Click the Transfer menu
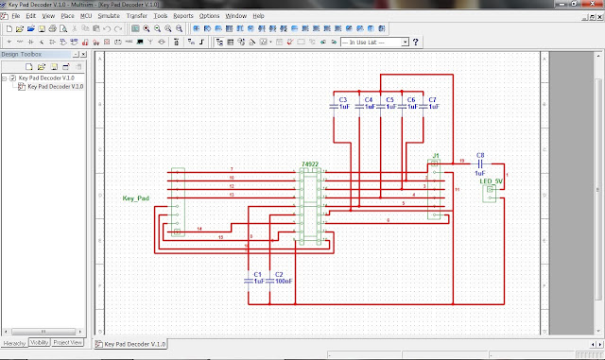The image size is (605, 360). tap(136, 17)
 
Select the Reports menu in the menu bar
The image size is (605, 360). tap(183, 17)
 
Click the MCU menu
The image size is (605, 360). tap(86, 17)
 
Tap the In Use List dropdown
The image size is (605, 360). tap(375, 43)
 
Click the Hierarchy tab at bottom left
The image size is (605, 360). tap(13, 342)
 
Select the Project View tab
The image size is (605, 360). tap(68, 342)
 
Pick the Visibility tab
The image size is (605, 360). tap(39, 342)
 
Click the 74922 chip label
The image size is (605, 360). tap(309, 163)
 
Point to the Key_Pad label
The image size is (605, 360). tap(136, 198)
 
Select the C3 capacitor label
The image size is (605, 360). tap(343, 99)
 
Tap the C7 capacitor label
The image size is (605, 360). tap(432, 99)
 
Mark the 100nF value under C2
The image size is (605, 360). tap(282, 281)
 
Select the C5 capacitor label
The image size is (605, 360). tap(389, 99)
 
